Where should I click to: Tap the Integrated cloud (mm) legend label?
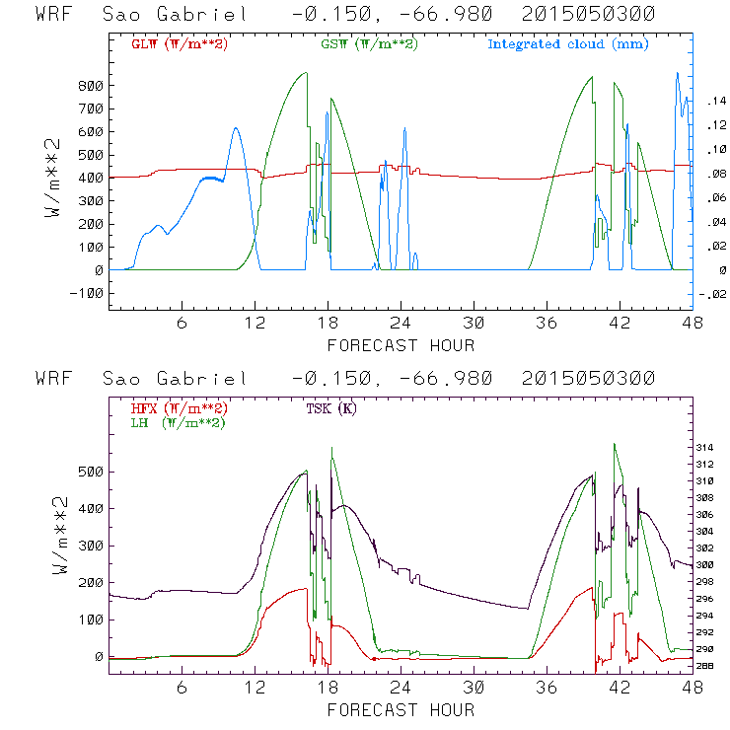point(568,44)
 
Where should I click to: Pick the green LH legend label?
point(178,422)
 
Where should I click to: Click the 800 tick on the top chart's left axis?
point(90,86)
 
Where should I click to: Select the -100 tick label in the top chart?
point(86,293)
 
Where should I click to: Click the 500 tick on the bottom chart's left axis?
point(90,472)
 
